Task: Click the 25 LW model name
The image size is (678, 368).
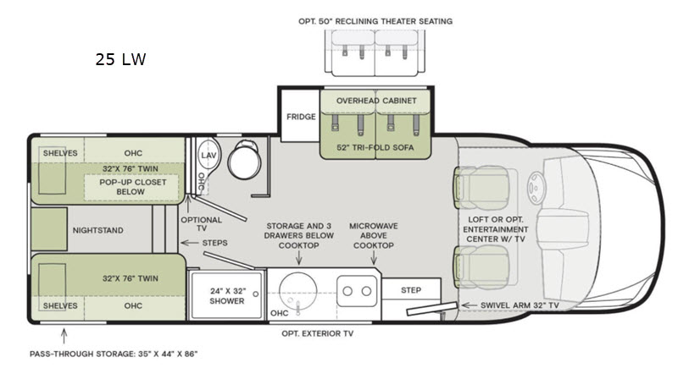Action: [120, 59]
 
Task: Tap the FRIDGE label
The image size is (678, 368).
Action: [301, 117]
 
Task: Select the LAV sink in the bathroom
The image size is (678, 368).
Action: [208, 155]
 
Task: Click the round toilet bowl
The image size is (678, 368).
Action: [244, 162]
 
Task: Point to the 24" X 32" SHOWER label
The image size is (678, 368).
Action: [227, 296]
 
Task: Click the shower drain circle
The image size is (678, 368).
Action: [256, 294]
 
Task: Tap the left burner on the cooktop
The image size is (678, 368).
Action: [347, 291]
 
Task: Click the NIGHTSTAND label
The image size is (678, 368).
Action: [97, 230]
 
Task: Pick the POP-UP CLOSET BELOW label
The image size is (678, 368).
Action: [132, 187]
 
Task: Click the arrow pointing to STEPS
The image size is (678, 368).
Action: [189, 243]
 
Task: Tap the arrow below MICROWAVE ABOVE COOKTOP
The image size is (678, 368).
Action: [374, 258]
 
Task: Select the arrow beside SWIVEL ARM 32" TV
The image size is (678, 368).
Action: [470, 305]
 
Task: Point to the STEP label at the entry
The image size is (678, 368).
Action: [411, 290]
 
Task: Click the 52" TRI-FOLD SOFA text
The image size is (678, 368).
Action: [375, 147]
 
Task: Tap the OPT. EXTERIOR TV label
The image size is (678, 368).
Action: [317, 333]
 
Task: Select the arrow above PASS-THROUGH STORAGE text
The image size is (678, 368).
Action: [64, 336]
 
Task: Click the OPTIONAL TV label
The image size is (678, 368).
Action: [201, 224]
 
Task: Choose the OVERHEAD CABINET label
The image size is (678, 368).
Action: [376, 101]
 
